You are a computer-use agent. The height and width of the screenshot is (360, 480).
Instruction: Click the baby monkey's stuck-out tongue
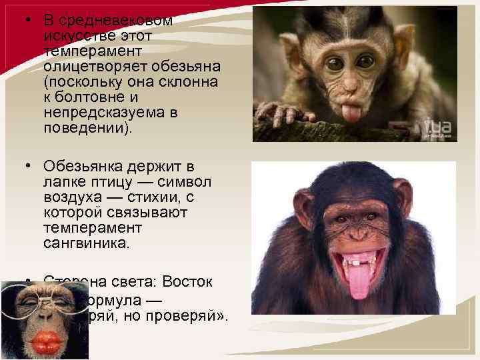[x=351, y=111]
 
